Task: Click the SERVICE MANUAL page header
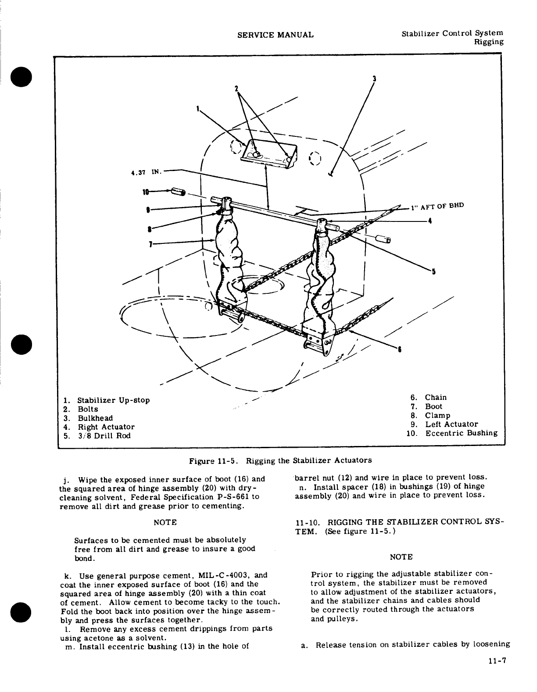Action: pos(275,35)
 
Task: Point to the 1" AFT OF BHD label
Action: pos(437,207)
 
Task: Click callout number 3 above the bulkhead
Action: pos(374,79)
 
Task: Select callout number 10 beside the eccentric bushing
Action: pos(146,192)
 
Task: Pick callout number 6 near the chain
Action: pos(399,350)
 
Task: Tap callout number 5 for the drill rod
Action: pos(434,271)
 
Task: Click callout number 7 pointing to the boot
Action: pos(150,244)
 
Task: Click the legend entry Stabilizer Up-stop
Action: pos(114,400)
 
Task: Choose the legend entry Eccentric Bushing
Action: pos(461,433)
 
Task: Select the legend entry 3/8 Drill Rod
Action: pos(104,436)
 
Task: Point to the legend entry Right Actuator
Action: pos(106,427)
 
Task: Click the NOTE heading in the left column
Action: pos(165,522)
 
